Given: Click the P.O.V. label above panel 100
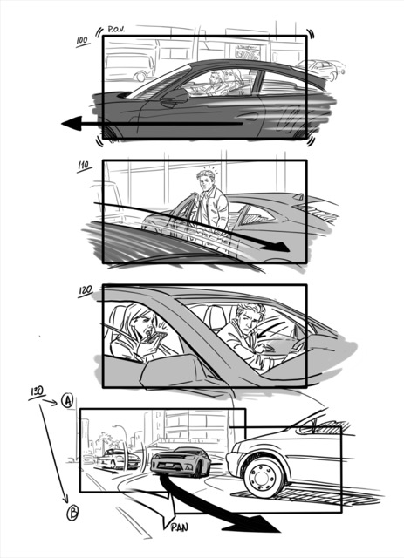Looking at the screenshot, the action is click(x=116, y=29).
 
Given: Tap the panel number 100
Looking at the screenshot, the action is click(x=82, y=41).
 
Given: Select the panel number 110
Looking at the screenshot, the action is click(x=84, y=166).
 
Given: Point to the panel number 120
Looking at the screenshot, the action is click(x=86, y=290).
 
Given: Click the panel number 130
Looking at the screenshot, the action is click(x=37, y=391).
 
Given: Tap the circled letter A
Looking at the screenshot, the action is click(x=66, y=401).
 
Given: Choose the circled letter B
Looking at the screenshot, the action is click(x=72, y=513).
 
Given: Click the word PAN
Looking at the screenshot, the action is click(x=179, y=527).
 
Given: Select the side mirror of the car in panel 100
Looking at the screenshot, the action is click(x=175, y=98).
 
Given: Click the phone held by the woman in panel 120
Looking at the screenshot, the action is click(x=158, y=337).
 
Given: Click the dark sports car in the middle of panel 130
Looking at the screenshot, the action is click(x=181, y=462).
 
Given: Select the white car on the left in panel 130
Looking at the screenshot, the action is click(x=119, y=459).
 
